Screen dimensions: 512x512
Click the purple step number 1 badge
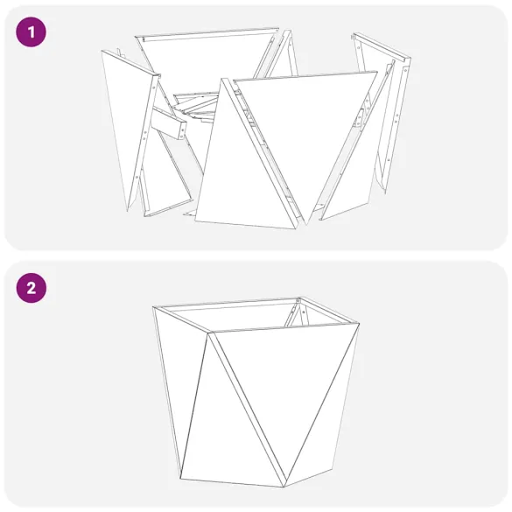pyautogui.click(x=31, y=33)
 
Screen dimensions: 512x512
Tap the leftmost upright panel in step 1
pyautogui.click(x=128, y=123)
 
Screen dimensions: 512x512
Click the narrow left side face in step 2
pyautogui.click(x=179, y=385)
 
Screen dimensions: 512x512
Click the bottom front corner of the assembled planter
pyautogui.click(x=286, y=486)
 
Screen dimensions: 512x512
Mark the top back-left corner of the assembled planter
pyautogui.click(x=154, y=307)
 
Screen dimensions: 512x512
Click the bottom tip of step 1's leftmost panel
pyautogui.click(x=130, y=210)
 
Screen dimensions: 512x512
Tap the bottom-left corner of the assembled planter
pyautogui.click(x=181, y=478)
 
